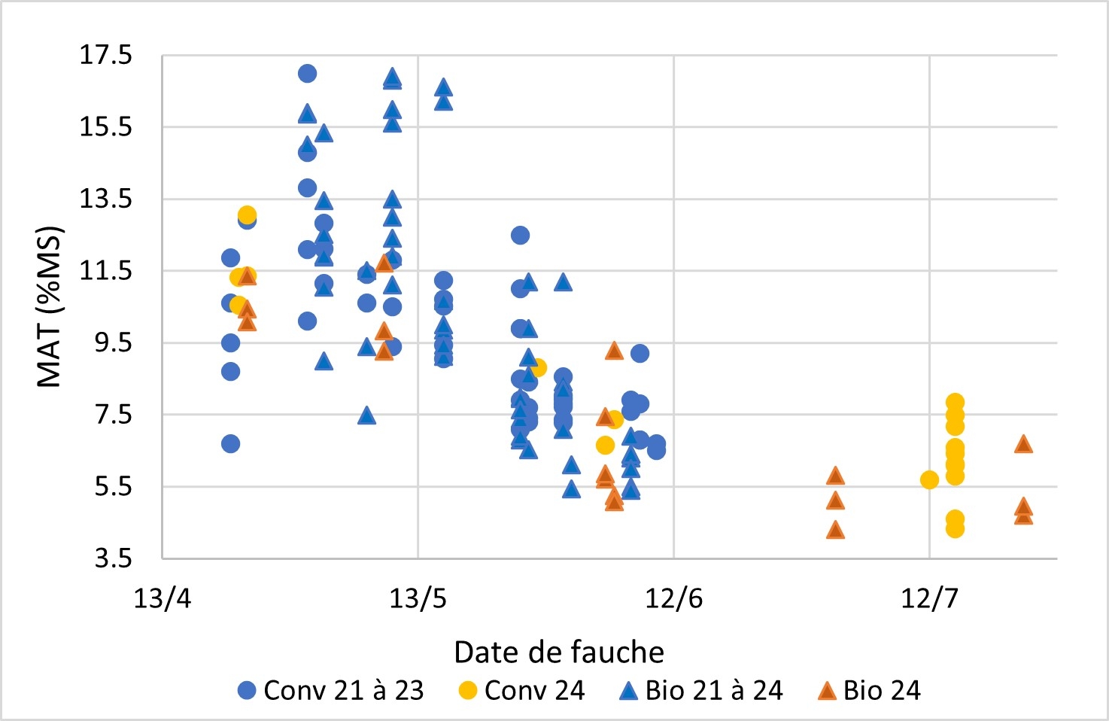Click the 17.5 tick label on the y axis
(x=105, y=55)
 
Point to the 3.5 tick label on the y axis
(x=113, y=558)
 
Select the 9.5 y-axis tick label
(x=113, y=342)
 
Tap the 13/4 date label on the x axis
(x=162, y=598)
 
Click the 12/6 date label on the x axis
(x=673, y=598)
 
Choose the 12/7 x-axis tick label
(x=929, y=598)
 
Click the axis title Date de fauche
(x=559, y=652)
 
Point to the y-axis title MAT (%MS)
(x=50, y=306)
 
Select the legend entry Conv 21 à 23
(x=331, y=690)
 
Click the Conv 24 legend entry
(x=521, y=690)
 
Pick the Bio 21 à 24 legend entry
(x=701, y=690)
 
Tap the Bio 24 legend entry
(x=869, y=690)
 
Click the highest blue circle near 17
(x=307, y=74)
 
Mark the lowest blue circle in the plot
(x=230, y=444)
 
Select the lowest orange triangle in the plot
(x=835, y=531)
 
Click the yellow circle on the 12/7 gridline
(x=929, y=479)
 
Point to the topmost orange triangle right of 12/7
(x=1023, y=444)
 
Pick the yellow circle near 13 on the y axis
(x=247, y=215)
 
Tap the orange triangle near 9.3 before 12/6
(x=614, y=351)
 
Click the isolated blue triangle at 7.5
(x=366, y=415)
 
